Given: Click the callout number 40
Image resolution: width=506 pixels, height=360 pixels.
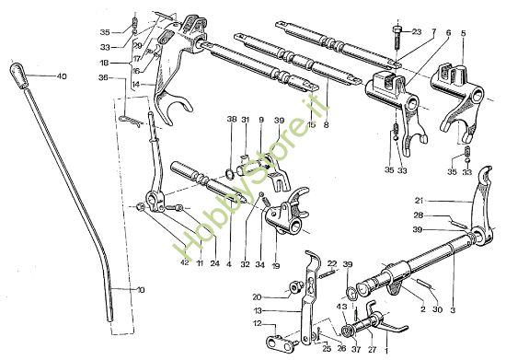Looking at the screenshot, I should click(x=62, y=75).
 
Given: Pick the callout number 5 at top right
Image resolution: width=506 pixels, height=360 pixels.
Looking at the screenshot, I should click(x=464, y=32).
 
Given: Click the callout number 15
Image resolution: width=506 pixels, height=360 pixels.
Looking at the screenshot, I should click(x=311, y=123).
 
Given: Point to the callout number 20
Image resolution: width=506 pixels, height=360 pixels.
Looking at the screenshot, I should click(x=257, y=296).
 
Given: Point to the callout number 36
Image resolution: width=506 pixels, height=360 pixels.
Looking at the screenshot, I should click(x=103, y=77).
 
